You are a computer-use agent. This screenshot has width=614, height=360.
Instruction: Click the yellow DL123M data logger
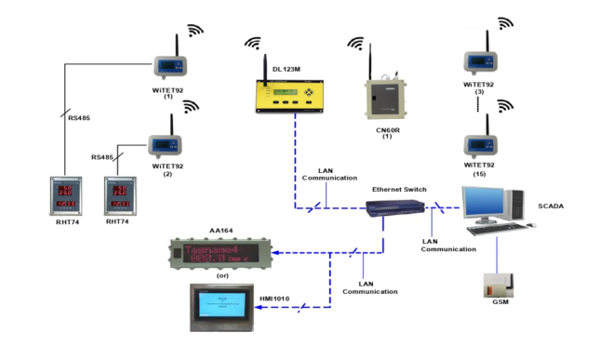[x=293, y=96]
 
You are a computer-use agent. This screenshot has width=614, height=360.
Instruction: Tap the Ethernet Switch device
[x=397, y=210]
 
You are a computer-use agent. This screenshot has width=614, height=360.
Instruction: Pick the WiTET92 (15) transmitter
[x=482, y=144]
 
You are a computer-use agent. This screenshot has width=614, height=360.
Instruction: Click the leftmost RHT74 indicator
[x=68, y=194]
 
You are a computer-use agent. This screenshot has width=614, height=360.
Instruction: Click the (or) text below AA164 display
[x=222, y=275]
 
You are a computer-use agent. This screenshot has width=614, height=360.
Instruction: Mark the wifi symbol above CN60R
[x=354, y=43]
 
